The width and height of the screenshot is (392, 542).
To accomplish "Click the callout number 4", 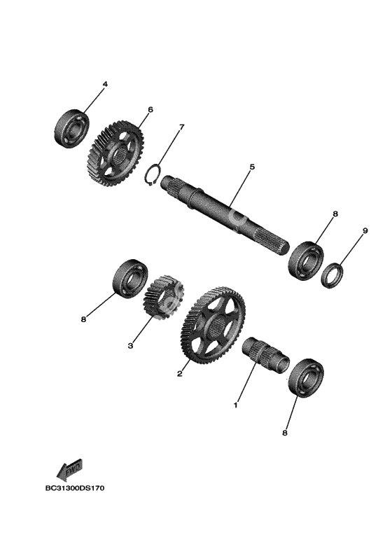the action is coord(105,84).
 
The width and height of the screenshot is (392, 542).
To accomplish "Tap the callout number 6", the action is coord(150,109).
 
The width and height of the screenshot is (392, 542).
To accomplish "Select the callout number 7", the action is coord(181,127).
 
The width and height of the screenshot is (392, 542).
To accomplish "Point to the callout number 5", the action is coord(252,167).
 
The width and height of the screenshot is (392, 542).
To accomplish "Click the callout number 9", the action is coord(365,230).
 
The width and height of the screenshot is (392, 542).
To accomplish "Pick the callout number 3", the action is coord(130,345).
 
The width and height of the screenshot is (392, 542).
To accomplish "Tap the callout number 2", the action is coord(179,374).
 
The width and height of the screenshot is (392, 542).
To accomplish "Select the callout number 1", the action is coord(236,405).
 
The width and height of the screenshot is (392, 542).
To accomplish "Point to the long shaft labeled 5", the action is coord(224,215).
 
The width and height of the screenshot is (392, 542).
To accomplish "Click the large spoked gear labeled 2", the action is coord(213,325).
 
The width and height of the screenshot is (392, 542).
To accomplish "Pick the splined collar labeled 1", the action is coord(265,355).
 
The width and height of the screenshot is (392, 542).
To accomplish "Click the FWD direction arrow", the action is coord(69,470).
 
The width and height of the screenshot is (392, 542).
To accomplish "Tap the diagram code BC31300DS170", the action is coord(75,488).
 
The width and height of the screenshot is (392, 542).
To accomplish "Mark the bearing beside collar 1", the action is coord(306,379).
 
